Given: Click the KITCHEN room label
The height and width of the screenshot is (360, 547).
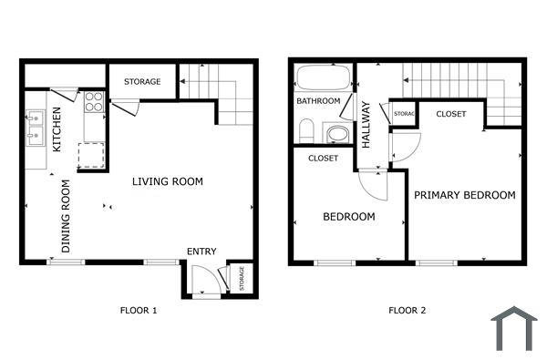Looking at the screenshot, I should [57, 129].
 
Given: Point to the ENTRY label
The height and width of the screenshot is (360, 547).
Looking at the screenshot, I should [201, 252].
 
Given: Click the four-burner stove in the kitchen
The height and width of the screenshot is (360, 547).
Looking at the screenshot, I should [94, 102].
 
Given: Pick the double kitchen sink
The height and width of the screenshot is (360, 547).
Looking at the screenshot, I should [36, 128].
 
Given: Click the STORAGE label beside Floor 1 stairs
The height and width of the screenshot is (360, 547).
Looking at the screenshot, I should [142, 82].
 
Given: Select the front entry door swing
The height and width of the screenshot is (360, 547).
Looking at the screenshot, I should [208, 280].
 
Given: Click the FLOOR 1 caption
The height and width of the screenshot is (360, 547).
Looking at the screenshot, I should [139, 311].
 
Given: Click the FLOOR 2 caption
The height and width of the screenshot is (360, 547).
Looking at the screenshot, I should [407, 311].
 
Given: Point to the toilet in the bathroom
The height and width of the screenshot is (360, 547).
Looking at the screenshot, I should [307, 130].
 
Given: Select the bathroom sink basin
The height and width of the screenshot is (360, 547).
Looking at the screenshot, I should [337, 135].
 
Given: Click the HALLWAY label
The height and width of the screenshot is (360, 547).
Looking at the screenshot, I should [366, 124].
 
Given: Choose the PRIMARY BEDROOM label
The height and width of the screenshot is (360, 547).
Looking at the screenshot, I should [464, 195].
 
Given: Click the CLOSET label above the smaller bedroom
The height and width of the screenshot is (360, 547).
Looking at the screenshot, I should [323, 158].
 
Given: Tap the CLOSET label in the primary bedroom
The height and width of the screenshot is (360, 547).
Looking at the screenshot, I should [450, 114].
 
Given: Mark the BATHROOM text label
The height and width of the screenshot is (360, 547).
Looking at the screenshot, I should [318, 100].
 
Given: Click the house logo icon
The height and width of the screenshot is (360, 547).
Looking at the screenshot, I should [512, 329].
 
